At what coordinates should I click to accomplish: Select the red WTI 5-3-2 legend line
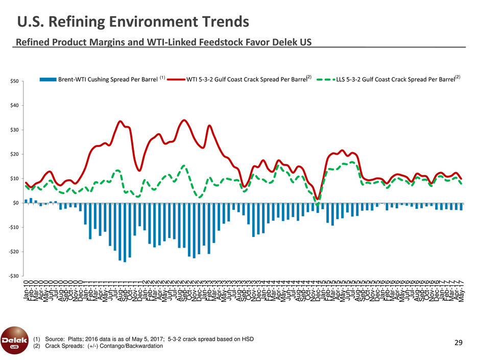[x=174, y=80]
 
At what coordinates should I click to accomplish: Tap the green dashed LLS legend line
[x=325, y=80]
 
